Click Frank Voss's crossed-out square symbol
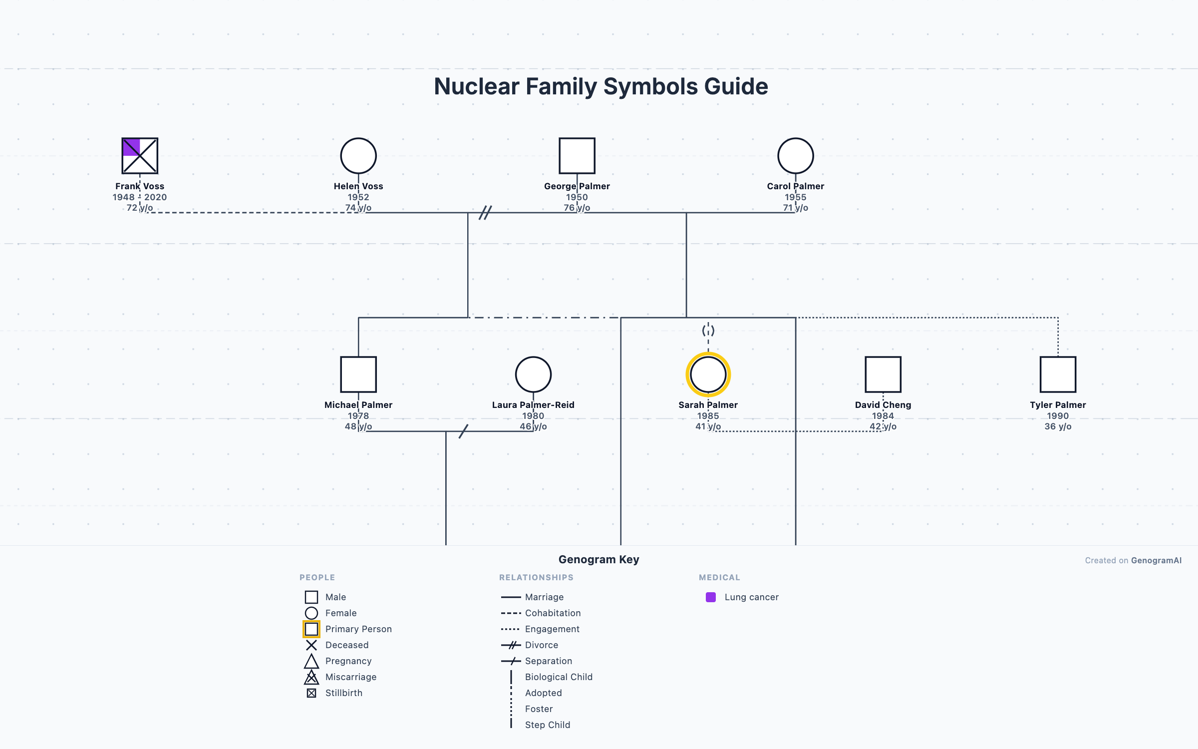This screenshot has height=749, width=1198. [x=140, y=156]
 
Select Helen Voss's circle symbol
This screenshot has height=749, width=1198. [x=358, y=156]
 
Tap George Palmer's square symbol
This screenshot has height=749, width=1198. [x=577, y=156]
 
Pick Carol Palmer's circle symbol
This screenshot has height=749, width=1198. [x=796, y=156]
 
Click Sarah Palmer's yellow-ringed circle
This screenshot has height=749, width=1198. [x=708, y=374]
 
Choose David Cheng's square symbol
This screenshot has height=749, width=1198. [x=883, y=374]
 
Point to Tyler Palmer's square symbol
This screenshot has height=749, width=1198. [x=1058, y=374]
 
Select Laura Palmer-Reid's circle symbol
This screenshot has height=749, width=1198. [x=533, y=374]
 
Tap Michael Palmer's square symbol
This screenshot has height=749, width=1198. [x=358, y=374]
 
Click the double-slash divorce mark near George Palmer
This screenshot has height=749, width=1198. [x=485, y=213]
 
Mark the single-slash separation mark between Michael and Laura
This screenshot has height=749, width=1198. [x=463, y=431]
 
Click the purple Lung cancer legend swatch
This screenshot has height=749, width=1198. [x=711, y=597]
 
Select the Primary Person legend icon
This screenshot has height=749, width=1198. [x=311, y=629]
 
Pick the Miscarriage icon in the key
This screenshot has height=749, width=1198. [x=311, y=677]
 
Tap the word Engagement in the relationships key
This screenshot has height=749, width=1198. [x=552, y=629]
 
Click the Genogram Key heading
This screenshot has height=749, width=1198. [x=599, y=559]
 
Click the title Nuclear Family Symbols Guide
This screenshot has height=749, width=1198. [x=600, y=86]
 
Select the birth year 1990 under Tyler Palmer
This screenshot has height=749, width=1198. [x=1058, y=416]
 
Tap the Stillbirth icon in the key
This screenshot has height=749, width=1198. [x=311, y=693]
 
